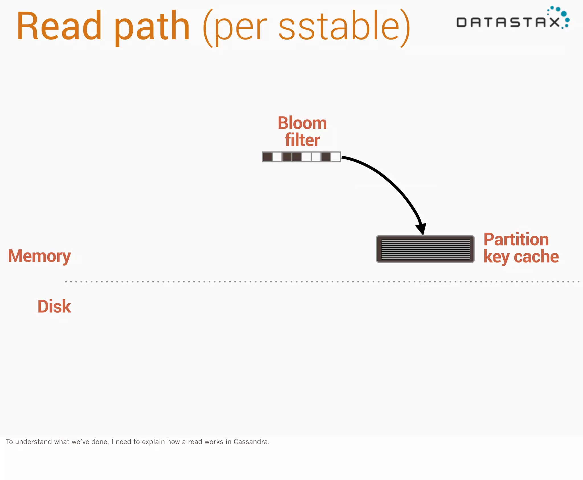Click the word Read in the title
59,26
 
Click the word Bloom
302,123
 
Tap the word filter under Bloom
302,140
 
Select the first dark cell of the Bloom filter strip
267,157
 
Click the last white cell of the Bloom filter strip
336,157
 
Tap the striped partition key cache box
425,249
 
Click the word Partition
516,239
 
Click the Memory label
39,256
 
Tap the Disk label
54,306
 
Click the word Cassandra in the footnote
251,442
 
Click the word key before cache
496,257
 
